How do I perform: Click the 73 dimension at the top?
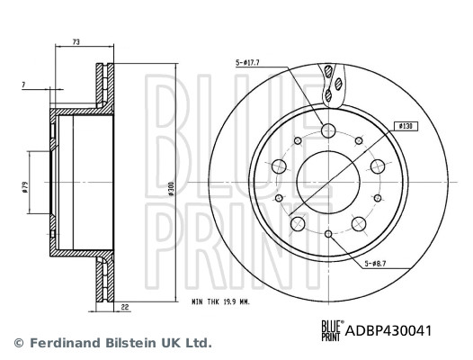tap(76, 41)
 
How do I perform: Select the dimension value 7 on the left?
tap(23, 85)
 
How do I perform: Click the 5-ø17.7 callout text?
tap(248, 63)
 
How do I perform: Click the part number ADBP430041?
tap(388, 331)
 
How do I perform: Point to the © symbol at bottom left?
tap(18, 343)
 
